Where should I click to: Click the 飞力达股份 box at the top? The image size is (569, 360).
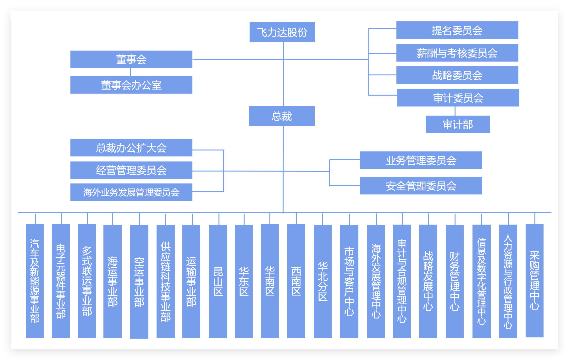point(282,32)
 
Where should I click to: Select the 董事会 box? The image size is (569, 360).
point(131,59)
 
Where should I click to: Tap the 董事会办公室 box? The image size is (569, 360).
point(131,85)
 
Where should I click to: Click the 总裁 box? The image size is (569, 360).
point(282,116)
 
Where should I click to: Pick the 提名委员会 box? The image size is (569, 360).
point(457,30)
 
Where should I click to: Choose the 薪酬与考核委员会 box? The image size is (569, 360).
point(457,53)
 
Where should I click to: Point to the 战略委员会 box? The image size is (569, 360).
point(457,75)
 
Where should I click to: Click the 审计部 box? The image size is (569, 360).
point(457,124)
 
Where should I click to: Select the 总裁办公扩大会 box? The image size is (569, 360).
point(131,148)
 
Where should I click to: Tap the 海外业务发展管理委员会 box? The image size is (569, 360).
point(131,192)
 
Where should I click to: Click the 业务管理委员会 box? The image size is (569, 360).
point(421,160)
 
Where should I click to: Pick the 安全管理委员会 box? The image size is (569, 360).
point(421,186)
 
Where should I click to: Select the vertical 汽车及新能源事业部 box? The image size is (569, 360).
point(35,281)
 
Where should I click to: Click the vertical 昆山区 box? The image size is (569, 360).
point(218,281)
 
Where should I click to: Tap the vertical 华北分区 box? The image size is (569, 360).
point(323,281)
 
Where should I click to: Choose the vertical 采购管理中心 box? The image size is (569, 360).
point(534,281)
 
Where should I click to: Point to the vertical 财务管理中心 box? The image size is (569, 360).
point(455,281)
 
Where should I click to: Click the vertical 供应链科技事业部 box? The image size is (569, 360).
point(166,281)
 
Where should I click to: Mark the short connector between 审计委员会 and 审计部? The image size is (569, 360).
point(455,111)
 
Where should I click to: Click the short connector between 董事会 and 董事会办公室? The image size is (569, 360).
point(130,72)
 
